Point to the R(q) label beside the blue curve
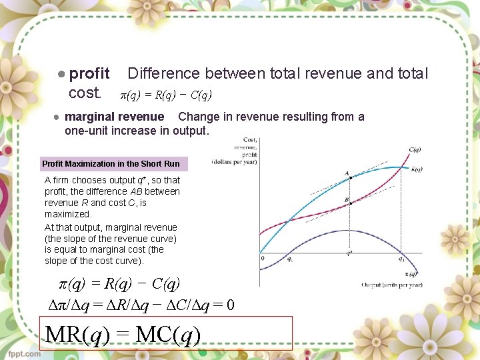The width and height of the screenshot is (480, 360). [417, 169]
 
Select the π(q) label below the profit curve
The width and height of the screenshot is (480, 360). [412, 273]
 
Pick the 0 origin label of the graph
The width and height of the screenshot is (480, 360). [263, 258]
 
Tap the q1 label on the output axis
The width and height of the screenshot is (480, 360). [401, 259]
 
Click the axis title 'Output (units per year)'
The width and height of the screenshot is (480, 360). [391, 285]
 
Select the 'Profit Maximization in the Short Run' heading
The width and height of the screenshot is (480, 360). [111, 163]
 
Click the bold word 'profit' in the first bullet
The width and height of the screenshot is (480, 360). [89, 73]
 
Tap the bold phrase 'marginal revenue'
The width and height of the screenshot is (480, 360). [114, 117]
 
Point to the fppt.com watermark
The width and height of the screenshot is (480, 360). [24, 353]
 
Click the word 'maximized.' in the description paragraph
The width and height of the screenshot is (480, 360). [68, 214]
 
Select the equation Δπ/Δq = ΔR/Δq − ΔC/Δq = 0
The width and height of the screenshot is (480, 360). [142, 305]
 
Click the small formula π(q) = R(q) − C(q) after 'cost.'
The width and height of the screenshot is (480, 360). [165, 94]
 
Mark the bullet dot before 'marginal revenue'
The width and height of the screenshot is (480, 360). [58, 117]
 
